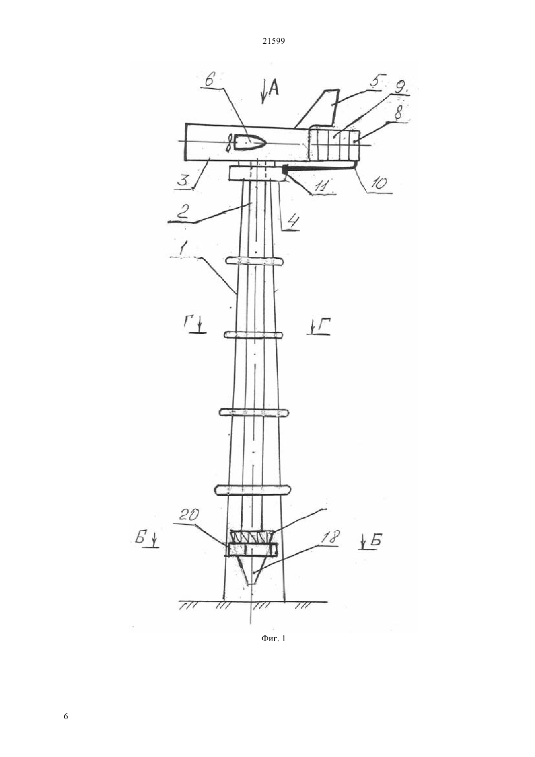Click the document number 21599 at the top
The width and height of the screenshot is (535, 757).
point(273,41)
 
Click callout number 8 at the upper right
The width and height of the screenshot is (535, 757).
point(398,113)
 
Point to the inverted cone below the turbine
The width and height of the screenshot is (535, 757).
point(251,570)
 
